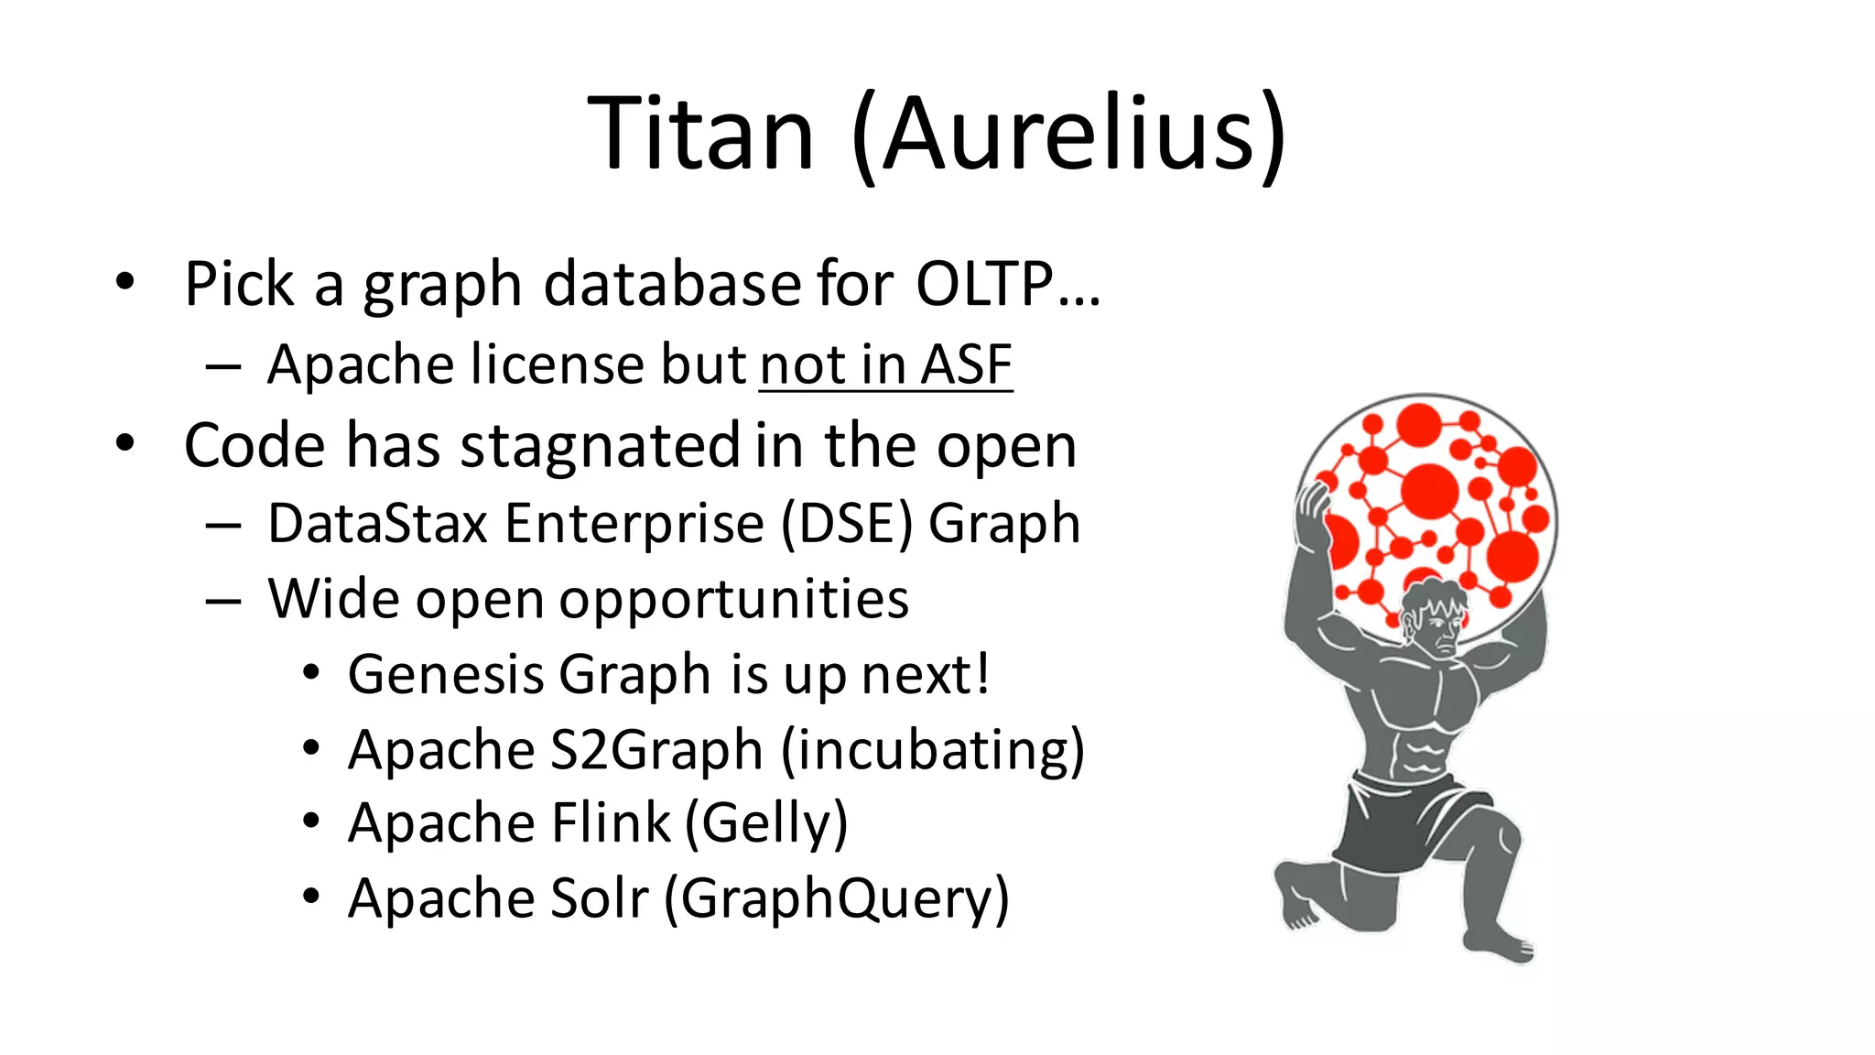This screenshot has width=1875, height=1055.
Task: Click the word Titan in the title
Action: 700,135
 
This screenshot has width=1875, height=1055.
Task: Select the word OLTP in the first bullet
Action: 985,284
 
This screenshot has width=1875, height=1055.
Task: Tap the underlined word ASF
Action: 966,364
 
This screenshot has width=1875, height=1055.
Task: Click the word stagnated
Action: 600,446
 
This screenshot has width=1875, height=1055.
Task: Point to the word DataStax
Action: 378,524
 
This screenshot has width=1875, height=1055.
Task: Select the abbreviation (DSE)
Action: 847,524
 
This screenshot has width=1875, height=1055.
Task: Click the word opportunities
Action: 734,600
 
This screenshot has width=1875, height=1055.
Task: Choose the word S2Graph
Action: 656,750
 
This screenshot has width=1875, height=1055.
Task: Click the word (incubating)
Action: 933,750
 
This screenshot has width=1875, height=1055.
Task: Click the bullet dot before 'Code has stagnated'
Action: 125,443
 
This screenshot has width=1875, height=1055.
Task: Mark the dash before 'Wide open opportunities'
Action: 223,602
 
